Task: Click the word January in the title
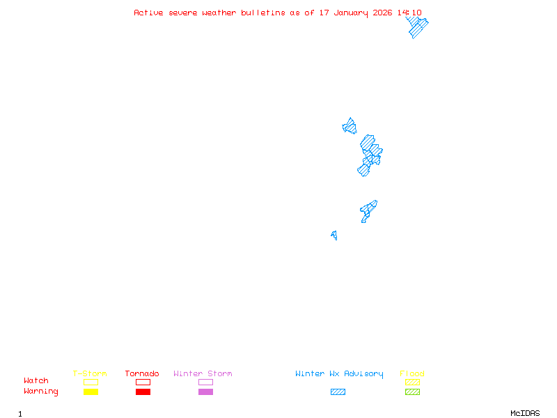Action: pyautogui.click(x=351, y=13)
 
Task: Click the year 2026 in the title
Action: pyautogui.click(x=382, y=13)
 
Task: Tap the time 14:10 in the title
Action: pyautogui.click(x=409, y=13)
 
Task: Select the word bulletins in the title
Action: pyautogui.click(x=263, y=13)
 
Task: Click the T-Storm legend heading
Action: pyautogui.click(x=90, y=373)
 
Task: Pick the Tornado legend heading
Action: pyautogui.click(x=142, y=373)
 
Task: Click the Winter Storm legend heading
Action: pyautogui.click(x=203, y=373)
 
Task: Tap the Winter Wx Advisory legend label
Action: pyautogui.click(x=339, y=374)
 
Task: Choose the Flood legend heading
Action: pyautogui.click(x=412, y=373)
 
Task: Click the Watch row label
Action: pyautogui.click(x=36, y=380)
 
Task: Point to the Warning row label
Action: pyautogui.click(x=41, y=392)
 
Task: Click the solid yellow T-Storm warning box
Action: pyautogui.click(x=91, y=392)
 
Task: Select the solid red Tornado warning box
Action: pyautogui.click(x=143, y=392)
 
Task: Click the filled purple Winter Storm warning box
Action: pyautogui.click(x=205, y=392)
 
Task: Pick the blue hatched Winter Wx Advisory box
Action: pyautogui.click(x=338, y=392)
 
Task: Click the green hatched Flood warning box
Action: pyautogui.click(x=412, y=392)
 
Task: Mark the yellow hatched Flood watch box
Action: pyautogui.click(x=412, y=382)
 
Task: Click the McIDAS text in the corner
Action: pyautogui.click(x=525, y=413)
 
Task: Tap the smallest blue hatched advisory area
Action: pyautogui.click(x=335, y=235)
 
